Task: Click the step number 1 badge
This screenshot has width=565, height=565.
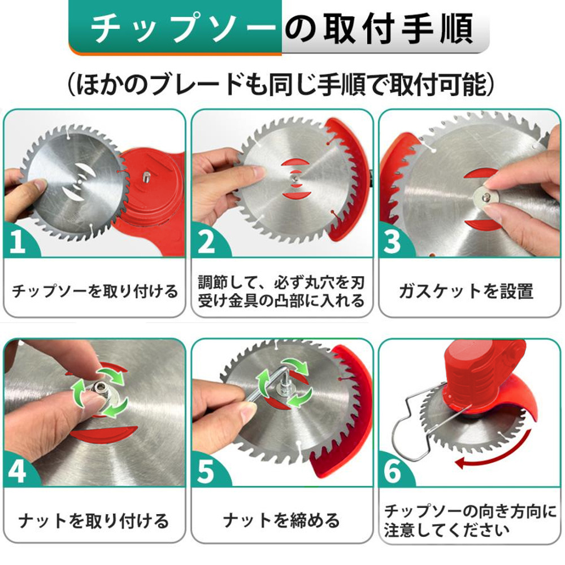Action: coord(17,240)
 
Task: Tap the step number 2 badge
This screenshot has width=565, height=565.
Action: coord(206,240)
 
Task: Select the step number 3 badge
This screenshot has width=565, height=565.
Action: coord(393,240)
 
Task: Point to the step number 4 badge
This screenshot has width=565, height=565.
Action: coord(17,471)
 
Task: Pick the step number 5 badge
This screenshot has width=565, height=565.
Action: coord(206,471)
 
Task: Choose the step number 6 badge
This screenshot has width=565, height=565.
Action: coord(393,471)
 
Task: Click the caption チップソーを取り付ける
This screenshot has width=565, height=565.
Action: coord(95,291)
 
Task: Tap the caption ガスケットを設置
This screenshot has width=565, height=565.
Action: coord(466,291)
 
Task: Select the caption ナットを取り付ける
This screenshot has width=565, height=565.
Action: coord(94,521)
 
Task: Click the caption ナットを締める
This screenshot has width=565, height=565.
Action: coord(281,521)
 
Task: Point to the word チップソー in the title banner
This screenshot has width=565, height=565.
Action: coord(180,28)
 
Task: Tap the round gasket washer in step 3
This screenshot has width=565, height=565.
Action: coord(485,197)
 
